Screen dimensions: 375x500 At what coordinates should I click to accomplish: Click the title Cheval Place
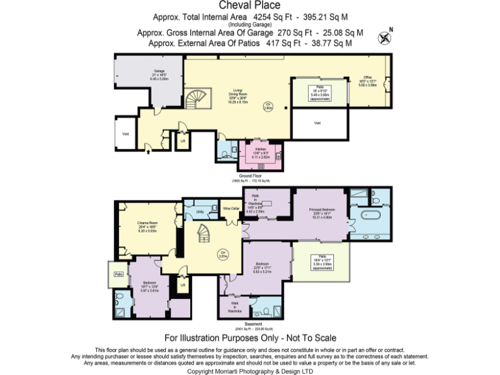(250, 6)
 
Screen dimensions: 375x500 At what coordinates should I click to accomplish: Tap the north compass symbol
(385, 36)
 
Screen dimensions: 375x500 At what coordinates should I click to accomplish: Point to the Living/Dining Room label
(238, 94)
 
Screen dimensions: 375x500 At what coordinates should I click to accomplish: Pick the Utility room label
(200, 212)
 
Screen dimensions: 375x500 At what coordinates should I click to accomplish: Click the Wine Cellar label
(232, 208)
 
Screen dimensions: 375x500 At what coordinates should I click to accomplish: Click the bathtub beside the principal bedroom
(368, 217)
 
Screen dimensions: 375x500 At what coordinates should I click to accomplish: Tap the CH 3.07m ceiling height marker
(223, 255)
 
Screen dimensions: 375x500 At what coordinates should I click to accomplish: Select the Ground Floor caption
(251, 176)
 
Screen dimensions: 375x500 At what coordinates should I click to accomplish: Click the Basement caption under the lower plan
(254, 324)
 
